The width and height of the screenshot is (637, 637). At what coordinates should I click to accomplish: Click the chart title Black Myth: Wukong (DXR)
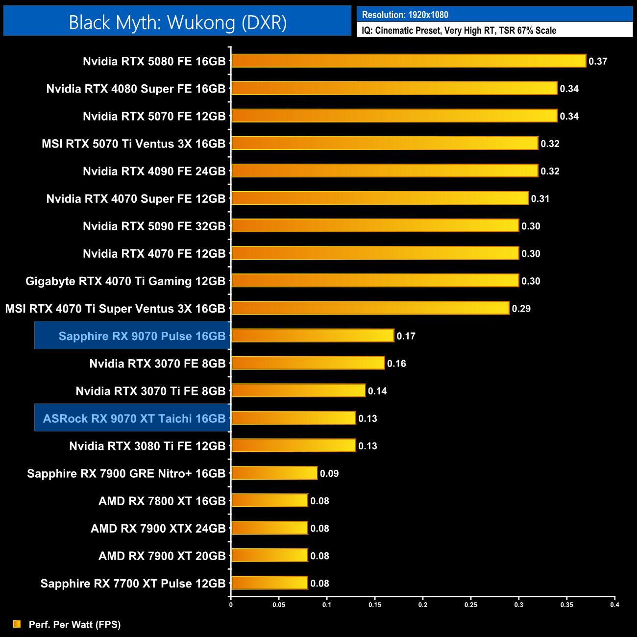tap(177, 23)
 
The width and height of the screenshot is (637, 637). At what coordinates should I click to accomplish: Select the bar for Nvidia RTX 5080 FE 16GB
tap(409, 61)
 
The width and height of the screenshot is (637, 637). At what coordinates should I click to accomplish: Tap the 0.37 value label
tap(598, 61)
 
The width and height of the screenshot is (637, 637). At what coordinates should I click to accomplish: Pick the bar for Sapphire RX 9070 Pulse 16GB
tap(313, 336)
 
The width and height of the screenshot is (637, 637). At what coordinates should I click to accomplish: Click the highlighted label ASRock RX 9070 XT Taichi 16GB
tap(134, 418)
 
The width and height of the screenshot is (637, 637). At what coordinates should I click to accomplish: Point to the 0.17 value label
tap(406, 336)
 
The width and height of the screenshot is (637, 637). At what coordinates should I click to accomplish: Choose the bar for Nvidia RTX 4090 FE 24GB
tap(385, 171)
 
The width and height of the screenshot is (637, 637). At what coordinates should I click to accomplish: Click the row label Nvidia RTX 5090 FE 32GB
tap(154, 226)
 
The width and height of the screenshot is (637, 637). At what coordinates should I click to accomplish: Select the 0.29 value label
tap(521, 309)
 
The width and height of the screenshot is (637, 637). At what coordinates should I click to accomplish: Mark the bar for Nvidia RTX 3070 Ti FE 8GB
tap(298, 391)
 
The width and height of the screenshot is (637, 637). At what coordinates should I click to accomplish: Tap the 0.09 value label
tap(329, 473)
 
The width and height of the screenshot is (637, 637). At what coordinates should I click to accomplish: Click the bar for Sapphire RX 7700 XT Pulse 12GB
tap(269, 583)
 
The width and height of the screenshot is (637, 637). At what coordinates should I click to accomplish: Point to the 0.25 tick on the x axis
tap(470, 605)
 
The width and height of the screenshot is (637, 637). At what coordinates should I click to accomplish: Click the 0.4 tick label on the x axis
tap(614, 605)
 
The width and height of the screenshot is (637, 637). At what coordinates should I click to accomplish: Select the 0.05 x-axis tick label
tap(279, 605)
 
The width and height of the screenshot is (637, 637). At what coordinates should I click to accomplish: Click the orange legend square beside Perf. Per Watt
tap(17, 624)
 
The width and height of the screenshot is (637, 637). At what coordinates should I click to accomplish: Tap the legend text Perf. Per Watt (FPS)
tap(74, 624)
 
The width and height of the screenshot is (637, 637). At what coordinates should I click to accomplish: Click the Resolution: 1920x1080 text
tap(405, 15)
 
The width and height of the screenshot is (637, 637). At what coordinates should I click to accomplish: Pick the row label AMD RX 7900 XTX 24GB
tap(158, 529)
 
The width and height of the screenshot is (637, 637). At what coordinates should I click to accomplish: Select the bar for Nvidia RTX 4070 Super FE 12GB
tap(380, 198)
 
